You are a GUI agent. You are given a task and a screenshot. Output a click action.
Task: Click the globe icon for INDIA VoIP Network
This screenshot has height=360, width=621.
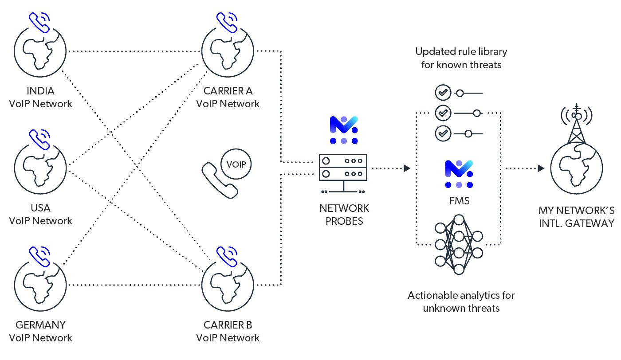point(40,51)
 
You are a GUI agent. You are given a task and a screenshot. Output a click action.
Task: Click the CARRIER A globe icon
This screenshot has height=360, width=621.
point(228,51)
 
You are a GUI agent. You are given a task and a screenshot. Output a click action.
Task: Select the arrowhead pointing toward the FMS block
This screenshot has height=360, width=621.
point(407,168)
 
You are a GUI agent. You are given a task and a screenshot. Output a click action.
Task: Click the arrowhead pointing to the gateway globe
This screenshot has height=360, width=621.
point(541,168)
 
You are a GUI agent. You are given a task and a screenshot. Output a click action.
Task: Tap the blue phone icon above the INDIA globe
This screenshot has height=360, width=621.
point(39,23)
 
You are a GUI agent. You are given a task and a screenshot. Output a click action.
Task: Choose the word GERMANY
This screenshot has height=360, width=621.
point(40,325)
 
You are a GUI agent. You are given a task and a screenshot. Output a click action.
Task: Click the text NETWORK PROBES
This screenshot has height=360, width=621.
point(344,215)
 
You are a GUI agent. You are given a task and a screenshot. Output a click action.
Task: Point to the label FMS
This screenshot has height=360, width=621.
point(459,201)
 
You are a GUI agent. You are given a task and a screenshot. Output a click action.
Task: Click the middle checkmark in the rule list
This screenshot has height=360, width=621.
point(443,113)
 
